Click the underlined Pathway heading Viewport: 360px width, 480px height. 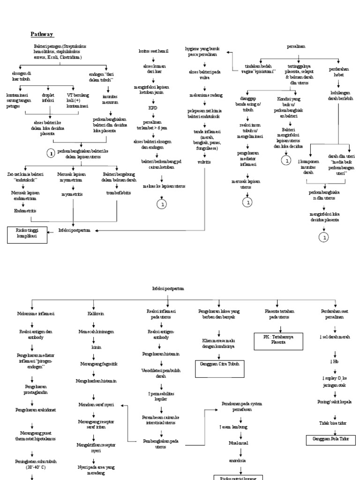[x=42, y=34]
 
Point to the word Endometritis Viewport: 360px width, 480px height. [x=24, y=211]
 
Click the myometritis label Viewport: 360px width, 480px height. [x=72, y=193]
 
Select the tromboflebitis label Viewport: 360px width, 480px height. [x=119, y=193]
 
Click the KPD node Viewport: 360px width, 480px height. [x=153, y=108]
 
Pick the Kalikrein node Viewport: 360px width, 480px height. [x=95, y=314]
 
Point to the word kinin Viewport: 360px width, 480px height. [x=96, y=347]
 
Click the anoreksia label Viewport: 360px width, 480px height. [x=240, y=460]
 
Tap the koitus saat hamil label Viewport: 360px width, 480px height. [x=153, y=51]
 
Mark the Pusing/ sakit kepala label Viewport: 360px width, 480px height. [x=334, y=402]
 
